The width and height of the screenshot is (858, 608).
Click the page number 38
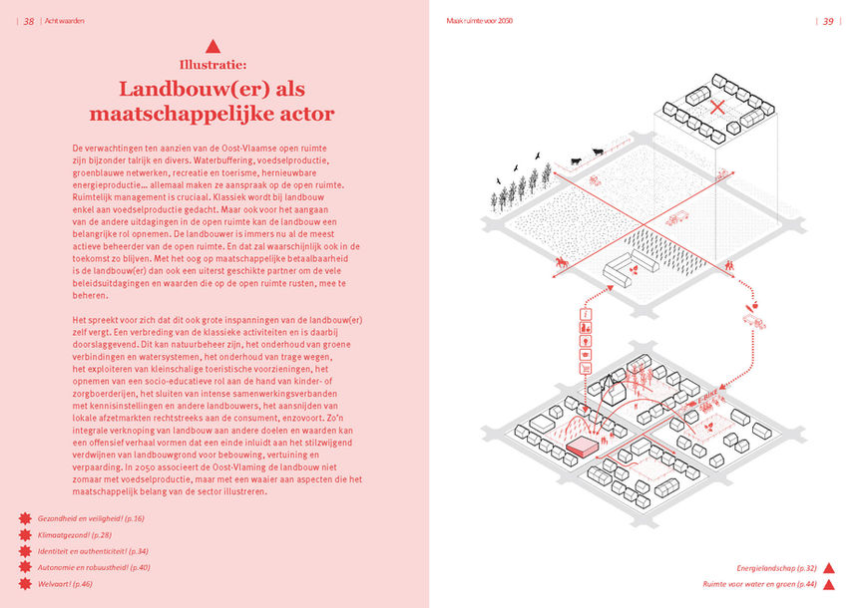pyautogui.click(x=29, y=21)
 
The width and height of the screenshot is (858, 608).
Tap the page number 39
pyautogui.click(x=828, y=21)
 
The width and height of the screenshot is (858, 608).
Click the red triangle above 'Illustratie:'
pyautogui.click(x=212, y=46)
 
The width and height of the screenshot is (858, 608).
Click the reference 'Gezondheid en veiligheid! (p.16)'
pyautogui.click(x=91, y=519)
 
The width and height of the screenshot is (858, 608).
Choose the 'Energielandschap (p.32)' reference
pyautogui.click(x=777, y=567)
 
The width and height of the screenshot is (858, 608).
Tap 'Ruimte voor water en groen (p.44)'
pyautogui.click(x=759, y=583)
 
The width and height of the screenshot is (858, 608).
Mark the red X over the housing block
pyautogui.click(x=716, y=108)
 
